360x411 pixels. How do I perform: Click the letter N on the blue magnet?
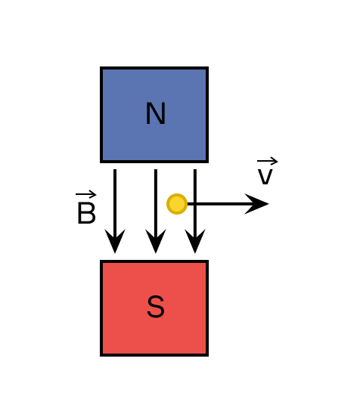(156, 113)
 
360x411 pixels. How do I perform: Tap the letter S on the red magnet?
(156, 307)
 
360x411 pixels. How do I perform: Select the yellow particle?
(177, 204)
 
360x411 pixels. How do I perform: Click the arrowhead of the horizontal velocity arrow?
(256, 204)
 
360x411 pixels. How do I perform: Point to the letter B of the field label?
(86, 213)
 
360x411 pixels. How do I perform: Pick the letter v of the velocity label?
(265, 177)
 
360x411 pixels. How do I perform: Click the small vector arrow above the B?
(85, 194)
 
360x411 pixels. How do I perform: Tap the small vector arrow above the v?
(268, 161)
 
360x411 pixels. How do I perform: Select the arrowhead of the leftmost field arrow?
(115, 241)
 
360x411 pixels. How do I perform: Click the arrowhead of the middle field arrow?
(156, 241)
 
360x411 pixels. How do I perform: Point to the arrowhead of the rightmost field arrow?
(195, 241)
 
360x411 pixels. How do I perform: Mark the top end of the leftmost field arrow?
(115, 169)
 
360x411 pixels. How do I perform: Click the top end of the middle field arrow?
(156, 169)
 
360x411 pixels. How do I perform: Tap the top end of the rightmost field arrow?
(195, 169)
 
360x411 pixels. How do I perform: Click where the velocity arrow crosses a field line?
(195, 204)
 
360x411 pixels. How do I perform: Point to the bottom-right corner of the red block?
(208, 356)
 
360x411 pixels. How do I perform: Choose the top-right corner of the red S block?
(208, 261)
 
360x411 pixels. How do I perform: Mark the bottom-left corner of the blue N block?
(101, 162)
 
